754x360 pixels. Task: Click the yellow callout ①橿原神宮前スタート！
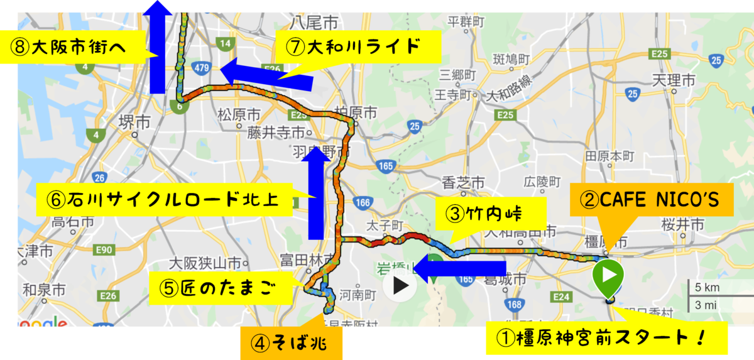pyautogui.click(x=608, y=338)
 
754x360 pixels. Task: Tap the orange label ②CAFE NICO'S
pyautogui.click(x=653, y=201)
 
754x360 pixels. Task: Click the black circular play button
pyautogui.click(x=401, y=286)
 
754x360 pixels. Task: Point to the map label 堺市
pyautogui.click(x=134, y=121)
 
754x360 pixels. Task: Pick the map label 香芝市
pyautogui.click(x=464, y=183)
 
